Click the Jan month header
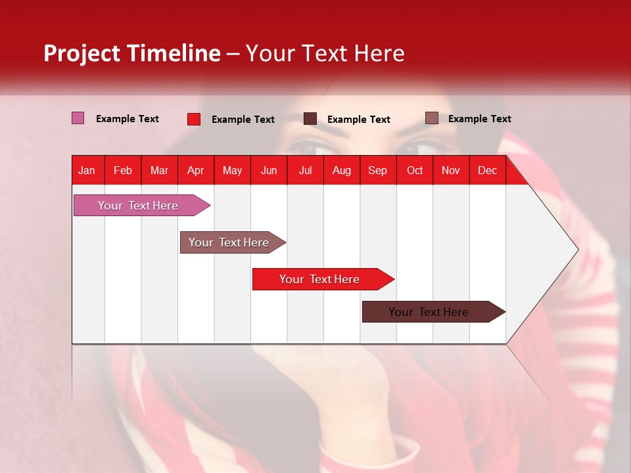tap(87, 170)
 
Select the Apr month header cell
tap(195, 170)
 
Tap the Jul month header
tap(305, 170)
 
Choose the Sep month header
tap(377, 170)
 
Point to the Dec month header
tap(487, 170)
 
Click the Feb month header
tap(123, 170)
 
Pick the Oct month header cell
tap(415, 170)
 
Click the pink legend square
tap(78, 118)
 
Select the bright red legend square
tap(194, 119)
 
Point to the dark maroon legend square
tap(310, 119)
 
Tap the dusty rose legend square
tap(431, 118)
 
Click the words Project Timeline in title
tap(131, 53)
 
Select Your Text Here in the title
tap(325, 53)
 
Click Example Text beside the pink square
tap(128, 119)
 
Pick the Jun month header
tap(269, 170)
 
